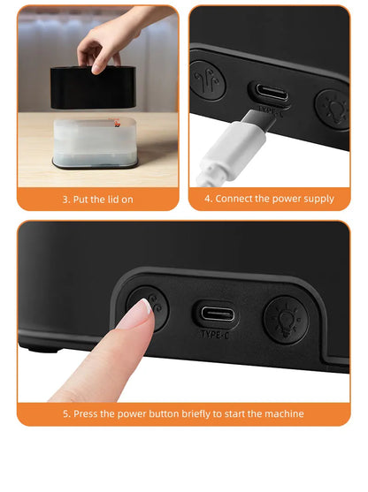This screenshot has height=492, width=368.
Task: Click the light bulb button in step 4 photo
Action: click(334, 107)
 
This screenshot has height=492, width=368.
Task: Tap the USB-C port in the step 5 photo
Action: click(217, 314)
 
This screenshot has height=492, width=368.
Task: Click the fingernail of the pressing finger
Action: click(139, 312)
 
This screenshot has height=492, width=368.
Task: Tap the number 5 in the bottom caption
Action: click(65, 413)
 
